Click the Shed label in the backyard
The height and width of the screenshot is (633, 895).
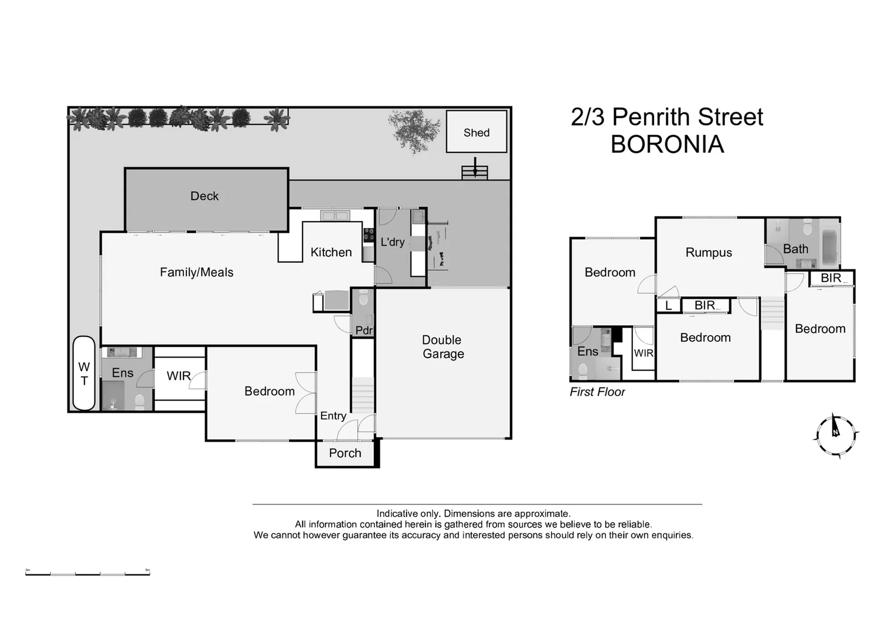point(476,132)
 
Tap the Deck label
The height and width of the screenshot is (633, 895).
point(204,196)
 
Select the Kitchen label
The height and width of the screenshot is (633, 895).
point(331,252)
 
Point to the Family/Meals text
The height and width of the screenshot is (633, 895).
point(196,272)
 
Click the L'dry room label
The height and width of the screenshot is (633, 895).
point(392,241)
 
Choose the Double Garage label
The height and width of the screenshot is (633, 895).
point(443,347)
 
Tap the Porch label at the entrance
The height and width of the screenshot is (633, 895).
point(345,453)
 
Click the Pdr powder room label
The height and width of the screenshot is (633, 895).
point(363,331)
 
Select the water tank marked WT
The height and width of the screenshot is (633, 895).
point(84,373)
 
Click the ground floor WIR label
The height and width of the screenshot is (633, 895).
point(178,376)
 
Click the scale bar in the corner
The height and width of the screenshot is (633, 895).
point(87,573)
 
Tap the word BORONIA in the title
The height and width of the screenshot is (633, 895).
point(667,144)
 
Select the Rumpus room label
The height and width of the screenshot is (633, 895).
point(709,253)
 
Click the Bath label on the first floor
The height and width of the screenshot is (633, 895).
point(795,249)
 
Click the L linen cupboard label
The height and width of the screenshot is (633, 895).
point(668,306)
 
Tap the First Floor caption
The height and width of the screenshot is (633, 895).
point(597,392)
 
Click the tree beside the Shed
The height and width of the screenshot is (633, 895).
point(414,130)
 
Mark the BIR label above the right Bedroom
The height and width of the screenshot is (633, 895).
point(831,278)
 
